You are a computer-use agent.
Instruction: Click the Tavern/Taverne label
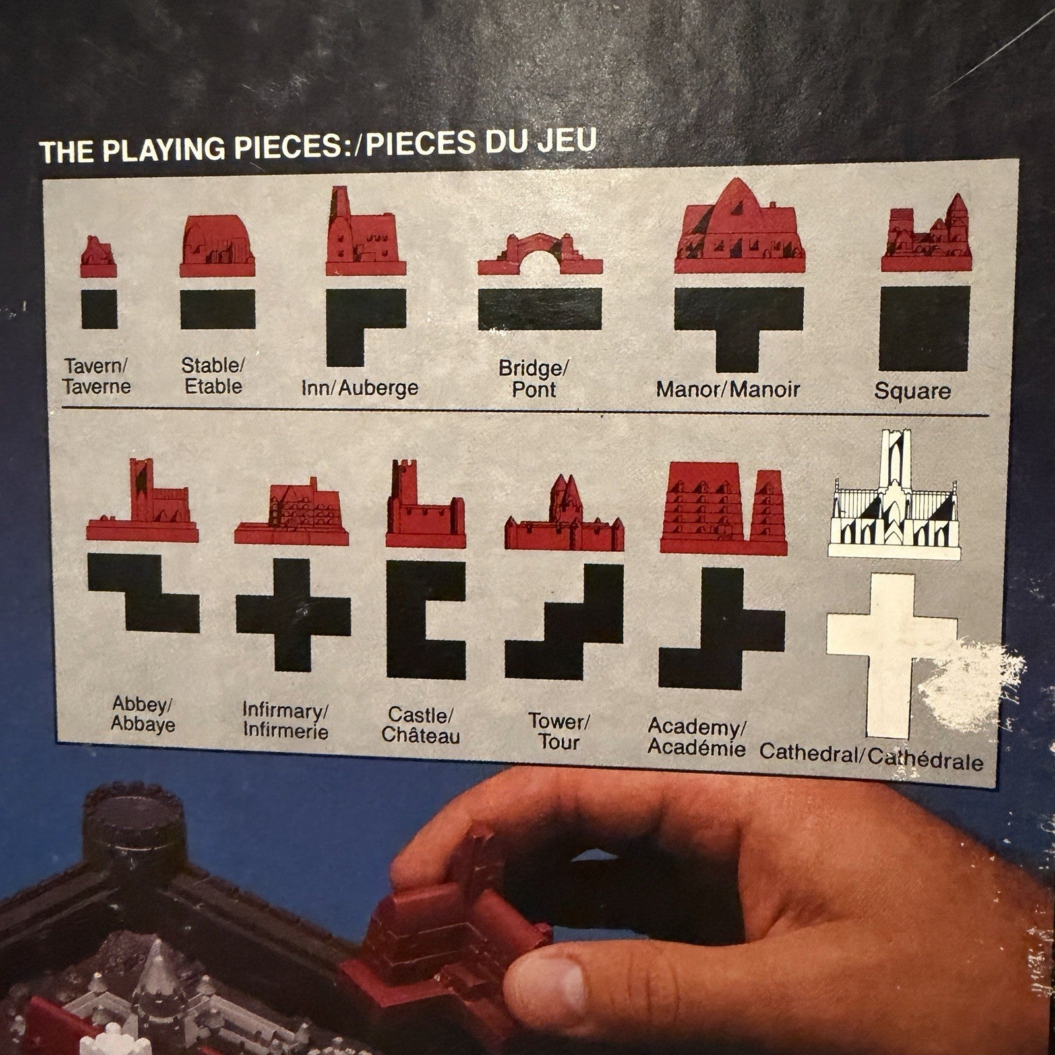96,375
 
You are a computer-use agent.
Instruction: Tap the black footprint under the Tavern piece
99,309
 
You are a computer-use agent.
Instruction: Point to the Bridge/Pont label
533,378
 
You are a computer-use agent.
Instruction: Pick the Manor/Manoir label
728,389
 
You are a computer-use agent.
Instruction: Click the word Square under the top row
913,391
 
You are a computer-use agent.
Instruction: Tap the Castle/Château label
420,725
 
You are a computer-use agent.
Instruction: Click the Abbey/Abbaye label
142,714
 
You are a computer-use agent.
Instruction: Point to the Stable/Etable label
213,375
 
